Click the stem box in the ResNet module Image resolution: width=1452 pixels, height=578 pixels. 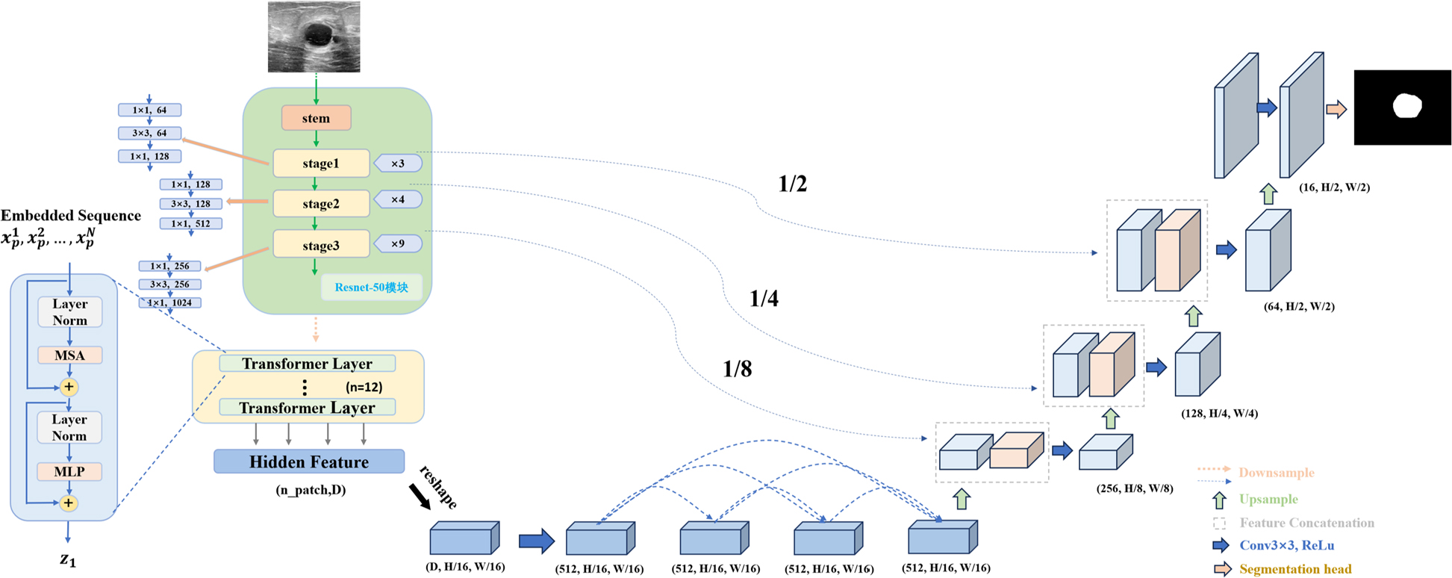click(316, 118)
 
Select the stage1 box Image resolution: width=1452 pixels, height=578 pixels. click(321, 164)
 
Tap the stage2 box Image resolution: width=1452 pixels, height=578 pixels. click(321, 203)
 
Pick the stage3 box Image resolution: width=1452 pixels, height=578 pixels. click(321, 245)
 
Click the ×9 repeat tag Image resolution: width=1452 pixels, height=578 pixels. click(398, 244)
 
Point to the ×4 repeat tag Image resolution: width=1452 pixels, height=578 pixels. click(398, 200)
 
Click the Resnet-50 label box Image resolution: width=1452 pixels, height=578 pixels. click(371, 288)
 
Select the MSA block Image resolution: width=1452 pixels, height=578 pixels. click(69, 355)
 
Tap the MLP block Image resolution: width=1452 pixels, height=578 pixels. click(69, 472)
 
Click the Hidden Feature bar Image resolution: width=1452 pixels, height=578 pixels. click(309, 462)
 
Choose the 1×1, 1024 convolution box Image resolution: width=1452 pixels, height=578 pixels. click(170, 302)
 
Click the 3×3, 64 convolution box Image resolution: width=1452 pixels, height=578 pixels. click(149, 133)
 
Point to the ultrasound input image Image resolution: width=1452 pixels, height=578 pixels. click(314, 37)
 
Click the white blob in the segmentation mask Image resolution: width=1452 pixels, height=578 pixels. click(1406, 105)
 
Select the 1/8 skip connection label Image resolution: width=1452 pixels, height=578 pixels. click(738, 369)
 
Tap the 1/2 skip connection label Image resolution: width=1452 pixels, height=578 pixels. click(793, 184)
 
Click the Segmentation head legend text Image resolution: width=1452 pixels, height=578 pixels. click(1295, 569)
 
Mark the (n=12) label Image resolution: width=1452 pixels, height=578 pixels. click(364, 387)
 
